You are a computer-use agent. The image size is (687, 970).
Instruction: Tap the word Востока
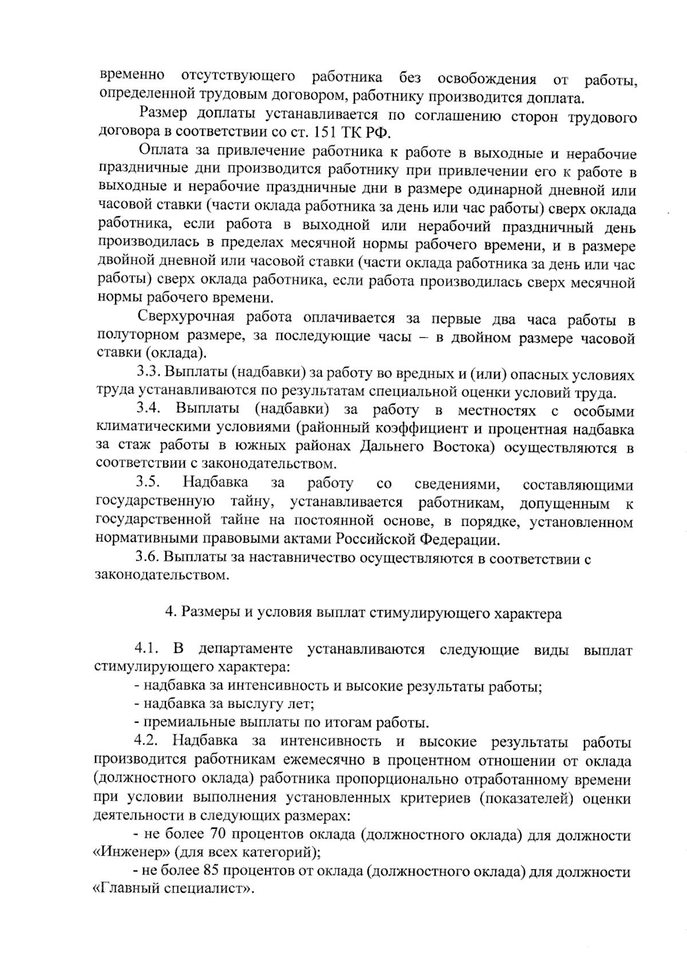[463, 446]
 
